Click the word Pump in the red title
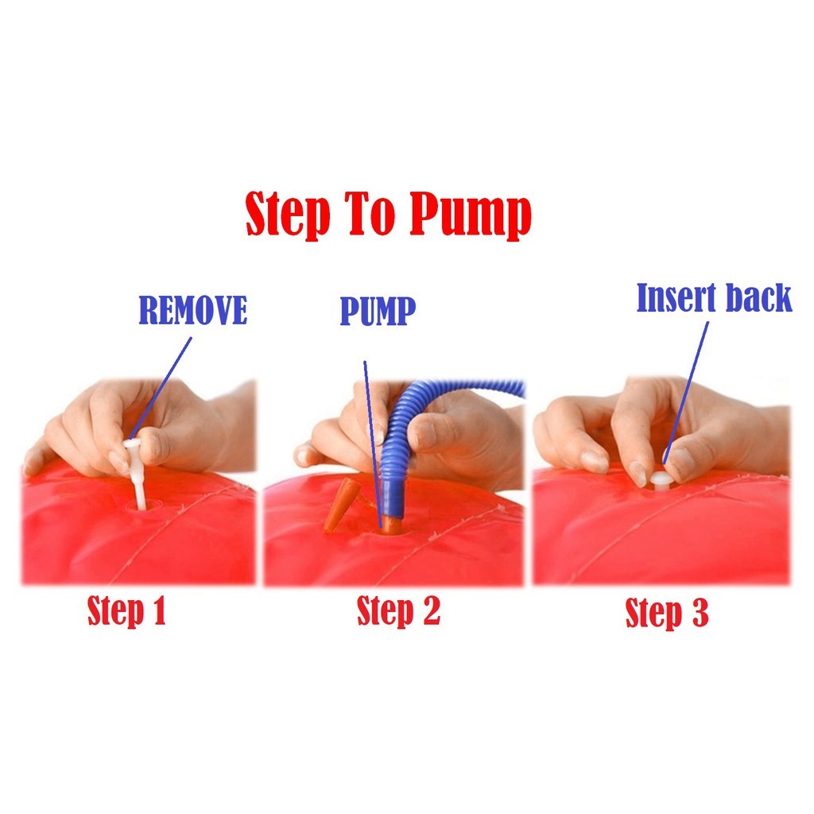click(471, 215)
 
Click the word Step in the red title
click(288, 215)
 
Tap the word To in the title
click(369, 212)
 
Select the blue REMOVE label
click(192, 311)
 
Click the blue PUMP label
click(378, 311)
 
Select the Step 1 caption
click(126, 610)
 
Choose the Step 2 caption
click(398, 610)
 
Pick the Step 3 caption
click(667, 613)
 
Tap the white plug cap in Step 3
click(661, 480)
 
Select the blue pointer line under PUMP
click(373, 444)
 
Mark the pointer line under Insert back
click(686, 393)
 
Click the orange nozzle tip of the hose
click(390, 525)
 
